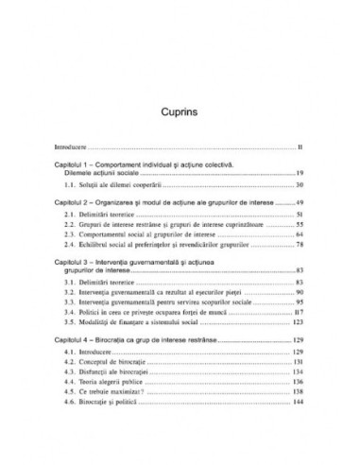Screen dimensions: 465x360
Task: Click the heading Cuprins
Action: [179, 85]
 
